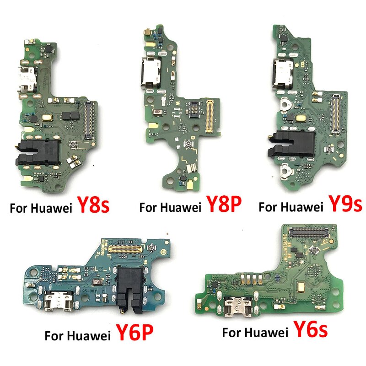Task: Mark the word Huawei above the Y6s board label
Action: pyautogui.click(x=264, y=332)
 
